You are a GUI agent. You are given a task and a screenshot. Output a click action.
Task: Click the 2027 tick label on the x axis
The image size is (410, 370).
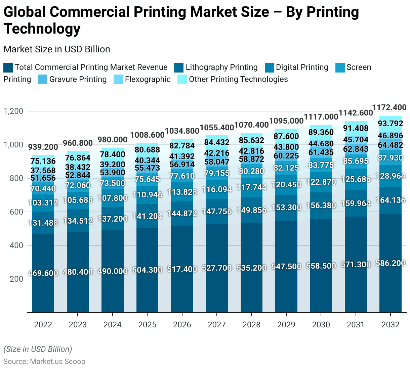pos(216,325)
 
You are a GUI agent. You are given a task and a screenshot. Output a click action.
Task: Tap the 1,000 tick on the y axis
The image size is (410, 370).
pos(13,145)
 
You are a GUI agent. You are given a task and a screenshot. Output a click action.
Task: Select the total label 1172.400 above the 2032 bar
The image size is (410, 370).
pos(389,107)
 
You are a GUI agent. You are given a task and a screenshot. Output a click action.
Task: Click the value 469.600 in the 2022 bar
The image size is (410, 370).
pos(43,273)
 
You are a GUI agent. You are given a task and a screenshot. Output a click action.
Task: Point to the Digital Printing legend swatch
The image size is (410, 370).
pos(270,67)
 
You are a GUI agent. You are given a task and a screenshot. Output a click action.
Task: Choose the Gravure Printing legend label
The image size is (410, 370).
pos(78,79)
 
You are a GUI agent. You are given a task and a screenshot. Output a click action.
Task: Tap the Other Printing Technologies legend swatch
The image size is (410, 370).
pos(182,80)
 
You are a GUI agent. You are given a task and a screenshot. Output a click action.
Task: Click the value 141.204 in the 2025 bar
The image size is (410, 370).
pos(147,216)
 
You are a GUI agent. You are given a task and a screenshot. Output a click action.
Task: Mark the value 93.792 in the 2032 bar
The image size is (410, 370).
pos(390,124)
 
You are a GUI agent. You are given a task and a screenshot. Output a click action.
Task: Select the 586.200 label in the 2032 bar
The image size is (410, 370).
pos(390,263)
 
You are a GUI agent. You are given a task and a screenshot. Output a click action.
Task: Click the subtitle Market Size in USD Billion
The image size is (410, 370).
pos(57,49)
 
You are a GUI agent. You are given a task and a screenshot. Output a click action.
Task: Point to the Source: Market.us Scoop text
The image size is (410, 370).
pos(44,361)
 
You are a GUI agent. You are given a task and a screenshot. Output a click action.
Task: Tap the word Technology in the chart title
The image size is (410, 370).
pos(42,29)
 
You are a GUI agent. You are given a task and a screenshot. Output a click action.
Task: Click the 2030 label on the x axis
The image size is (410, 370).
pos(321,325)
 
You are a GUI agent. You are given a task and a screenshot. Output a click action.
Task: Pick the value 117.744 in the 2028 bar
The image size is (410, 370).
pos(251,187)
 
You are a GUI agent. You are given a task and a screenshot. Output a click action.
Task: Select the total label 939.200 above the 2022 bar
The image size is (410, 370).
pos(43,147)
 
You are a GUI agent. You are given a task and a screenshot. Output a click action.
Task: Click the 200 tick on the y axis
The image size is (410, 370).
pos(16,279)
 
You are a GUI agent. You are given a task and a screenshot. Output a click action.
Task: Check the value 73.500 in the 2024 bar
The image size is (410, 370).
pos(113,183)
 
